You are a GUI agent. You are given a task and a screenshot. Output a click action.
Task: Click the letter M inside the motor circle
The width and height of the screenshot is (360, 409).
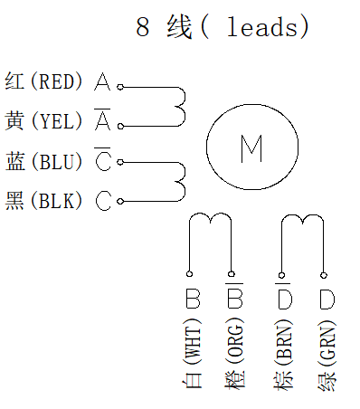(x=251, y=147)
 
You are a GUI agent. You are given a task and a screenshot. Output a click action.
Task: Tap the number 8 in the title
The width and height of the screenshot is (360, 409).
(x=143, y=28)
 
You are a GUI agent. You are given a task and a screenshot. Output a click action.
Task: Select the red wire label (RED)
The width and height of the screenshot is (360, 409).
(x=56, y=82)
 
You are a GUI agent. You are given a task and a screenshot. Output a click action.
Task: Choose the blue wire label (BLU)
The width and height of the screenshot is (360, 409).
(x=56, y=162)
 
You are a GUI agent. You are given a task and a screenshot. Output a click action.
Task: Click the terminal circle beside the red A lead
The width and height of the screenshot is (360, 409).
(x=120, y=88)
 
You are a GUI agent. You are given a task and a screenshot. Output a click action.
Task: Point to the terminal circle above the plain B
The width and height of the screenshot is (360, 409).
(x=190, y=273)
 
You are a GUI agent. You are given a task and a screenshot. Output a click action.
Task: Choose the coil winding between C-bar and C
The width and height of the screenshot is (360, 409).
(x=180, y=181)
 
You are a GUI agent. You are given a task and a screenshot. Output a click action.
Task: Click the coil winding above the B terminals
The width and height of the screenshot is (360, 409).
(x=210, y=220)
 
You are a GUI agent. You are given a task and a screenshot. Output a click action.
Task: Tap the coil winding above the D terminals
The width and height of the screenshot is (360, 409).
(x=301, y=220)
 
